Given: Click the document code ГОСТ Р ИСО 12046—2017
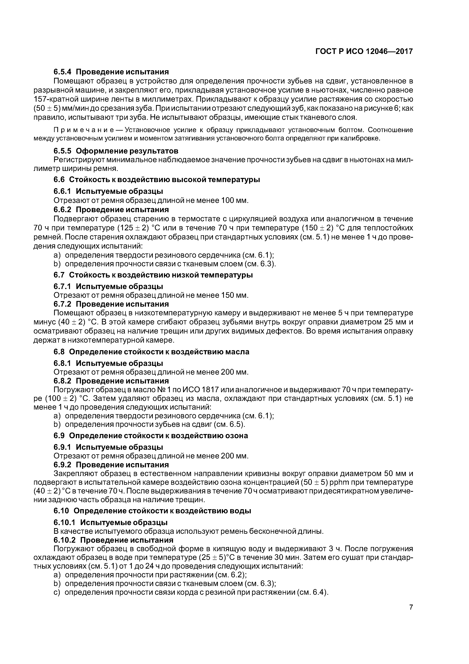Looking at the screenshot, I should (x=364, y=51).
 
